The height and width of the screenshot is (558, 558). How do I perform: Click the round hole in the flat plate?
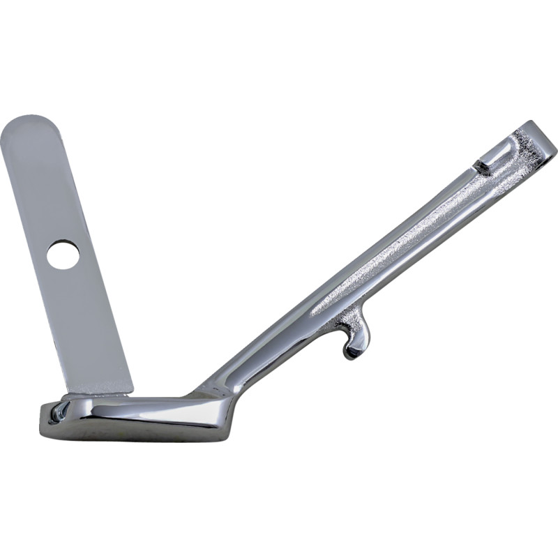point(63,255)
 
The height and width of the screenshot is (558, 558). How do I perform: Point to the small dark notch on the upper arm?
point(481,167)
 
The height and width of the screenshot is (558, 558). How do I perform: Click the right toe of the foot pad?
point(227,412)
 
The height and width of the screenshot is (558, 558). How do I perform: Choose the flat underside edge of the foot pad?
point(133,437)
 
